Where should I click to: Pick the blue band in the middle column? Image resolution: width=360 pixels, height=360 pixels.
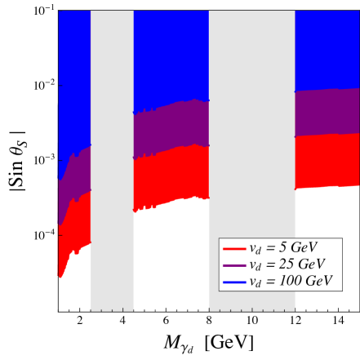(171, 57)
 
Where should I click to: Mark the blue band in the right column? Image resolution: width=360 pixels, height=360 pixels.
(327, 49)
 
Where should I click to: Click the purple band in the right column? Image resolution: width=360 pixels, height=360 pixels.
(327, 112)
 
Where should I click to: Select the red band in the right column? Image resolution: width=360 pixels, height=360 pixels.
(327, 161)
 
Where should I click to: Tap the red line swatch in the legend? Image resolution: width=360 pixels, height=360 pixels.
(234, 248)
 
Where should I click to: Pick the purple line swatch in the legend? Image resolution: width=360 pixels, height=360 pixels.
(234, 264)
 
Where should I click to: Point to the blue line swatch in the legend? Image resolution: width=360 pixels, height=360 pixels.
(234, 282)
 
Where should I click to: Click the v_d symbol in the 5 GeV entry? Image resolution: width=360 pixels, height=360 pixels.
(257, 248)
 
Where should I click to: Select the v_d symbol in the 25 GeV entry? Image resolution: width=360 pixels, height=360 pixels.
(257, 264)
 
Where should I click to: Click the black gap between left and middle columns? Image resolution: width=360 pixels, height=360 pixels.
(112, 122)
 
